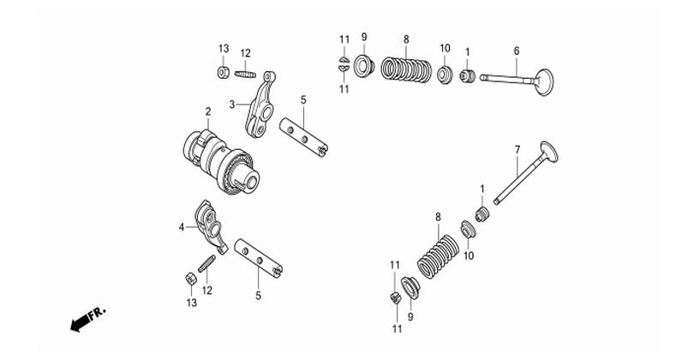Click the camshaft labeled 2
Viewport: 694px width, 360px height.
[x=221, y=161]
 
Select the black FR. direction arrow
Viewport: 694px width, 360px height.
[x=80, y=324]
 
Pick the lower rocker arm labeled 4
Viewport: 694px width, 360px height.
[x=211, y=225]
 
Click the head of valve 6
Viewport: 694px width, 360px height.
[x=544, y=82]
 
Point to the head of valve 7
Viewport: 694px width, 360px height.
[x=549, y=152]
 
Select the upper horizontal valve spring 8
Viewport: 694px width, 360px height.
[x=406, y=70]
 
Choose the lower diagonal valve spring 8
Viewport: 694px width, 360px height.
[x=439, y=256]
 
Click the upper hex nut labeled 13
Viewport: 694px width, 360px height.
[x=224, y=72]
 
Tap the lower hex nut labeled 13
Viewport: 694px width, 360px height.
[x=191, y=279]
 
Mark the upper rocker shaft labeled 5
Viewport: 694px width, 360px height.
[x=303, y=137]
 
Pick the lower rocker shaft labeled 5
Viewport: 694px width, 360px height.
[x=259, y=258]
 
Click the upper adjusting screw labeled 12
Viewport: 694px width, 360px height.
[x=245, y=75]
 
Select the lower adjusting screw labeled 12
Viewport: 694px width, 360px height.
[x=206, y=263]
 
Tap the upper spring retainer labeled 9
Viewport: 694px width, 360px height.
[x=364, y=66]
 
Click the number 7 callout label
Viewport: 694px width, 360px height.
[x=518, y=150]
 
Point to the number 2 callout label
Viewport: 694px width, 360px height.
[x=208, y=111]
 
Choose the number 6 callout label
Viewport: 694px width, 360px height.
[x=517, y=51]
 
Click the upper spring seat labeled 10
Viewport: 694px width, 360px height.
[x=445, y=74]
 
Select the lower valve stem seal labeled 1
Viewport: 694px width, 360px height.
[x=482, y=214]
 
